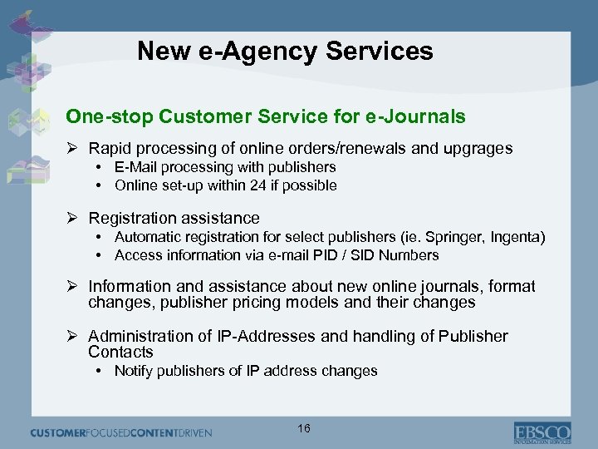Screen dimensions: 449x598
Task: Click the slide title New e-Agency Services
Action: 285,52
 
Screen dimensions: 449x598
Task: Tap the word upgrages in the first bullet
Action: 479,149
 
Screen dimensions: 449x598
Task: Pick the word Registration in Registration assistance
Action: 130,218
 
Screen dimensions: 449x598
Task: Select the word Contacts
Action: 121,352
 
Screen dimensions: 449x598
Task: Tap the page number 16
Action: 303,428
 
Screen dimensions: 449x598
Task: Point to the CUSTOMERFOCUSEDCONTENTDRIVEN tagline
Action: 121,432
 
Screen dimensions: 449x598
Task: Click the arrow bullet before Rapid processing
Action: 72,149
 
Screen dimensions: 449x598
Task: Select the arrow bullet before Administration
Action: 72,336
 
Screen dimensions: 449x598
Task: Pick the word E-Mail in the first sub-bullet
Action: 136,168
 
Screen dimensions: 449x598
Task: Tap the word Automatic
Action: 145,238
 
